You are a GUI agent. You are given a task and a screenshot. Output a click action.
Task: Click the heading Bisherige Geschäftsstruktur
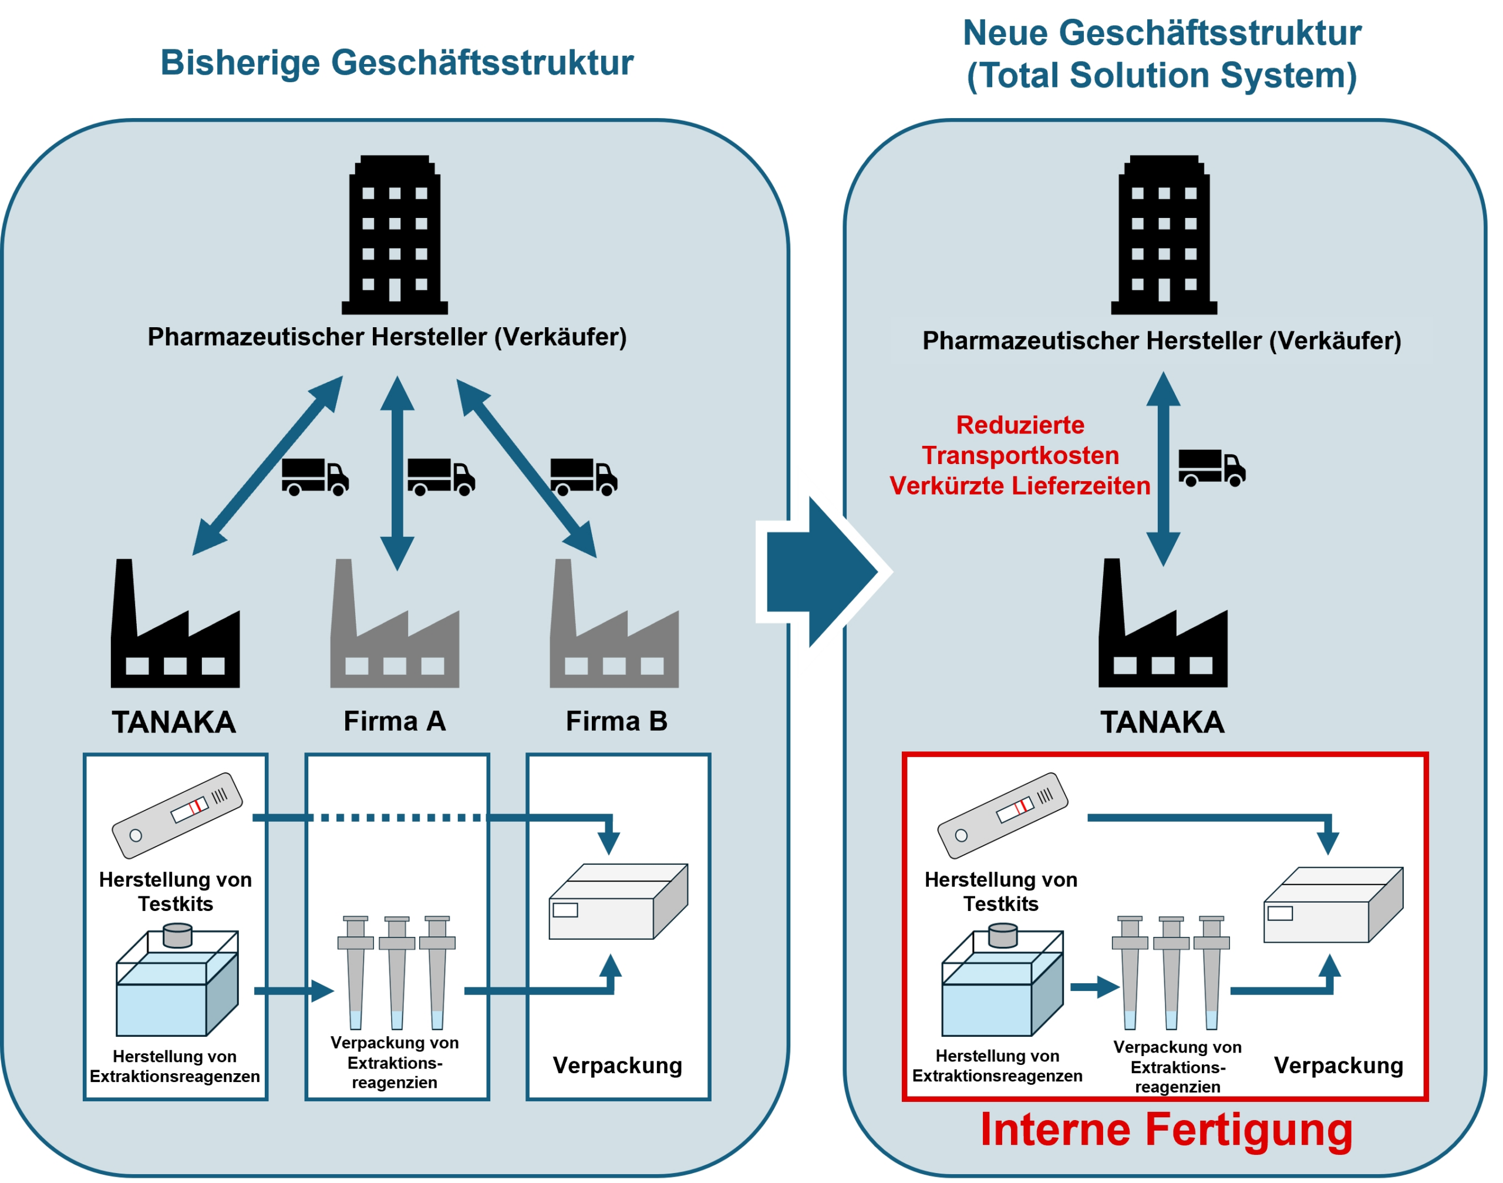tap(397, 62)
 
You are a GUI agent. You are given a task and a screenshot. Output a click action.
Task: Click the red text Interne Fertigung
tap(1166, 1130)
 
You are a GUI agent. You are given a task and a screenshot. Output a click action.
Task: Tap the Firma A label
tap(395, 721)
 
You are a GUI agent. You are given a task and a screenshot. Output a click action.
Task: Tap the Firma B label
tap(616, 721)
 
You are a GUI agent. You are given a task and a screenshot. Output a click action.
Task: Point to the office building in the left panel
tap(395, 236)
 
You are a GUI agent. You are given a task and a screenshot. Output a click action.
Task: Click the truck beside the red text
tap(1212, 468)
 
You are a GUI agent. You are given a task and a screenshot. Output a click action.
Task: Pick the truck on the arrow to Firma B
tap(584, 476)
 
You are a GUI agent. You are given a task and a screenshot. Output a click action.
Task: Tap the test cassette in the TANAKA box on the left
tap(177, 815)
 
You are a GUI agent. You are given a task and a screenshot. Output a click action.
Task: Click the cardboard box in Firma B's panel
tap(618, 902)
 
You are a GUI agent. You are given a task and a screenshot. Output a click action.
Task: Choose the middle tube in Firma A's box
tap(397, 973)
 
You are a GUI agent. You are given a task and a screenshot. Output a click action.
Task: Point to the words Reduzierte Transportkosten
tap(1020, 441)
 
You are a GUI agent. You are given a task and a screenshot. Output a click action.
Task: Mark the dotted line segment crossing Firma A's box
tap(397, 818)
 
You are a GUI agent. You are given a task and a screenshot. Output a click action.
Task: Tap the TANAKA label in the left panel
tap(174, 722)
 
